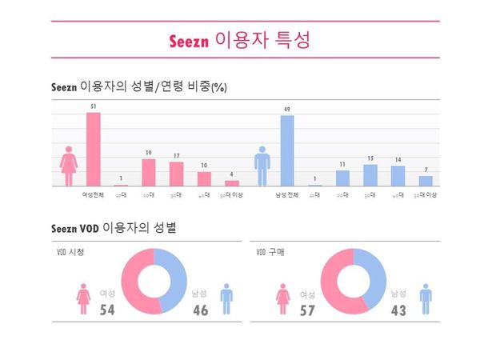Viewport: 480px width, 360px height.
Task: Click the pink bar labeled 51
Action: point(94,149)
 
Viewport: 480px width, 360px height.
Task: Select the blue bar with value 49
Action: point(286,150)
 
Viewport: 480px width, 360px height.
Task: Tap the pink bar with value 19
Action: point(148,172)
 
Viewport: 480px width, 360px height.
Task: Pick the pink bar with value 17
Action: point(176,174)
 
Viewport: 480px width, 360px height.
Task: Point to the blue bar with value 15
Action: point(370,175)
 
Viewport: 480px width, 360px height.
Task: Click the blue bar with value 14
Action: point(398,176)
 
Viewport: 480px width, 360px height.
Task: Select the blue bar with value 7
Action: point(426,181)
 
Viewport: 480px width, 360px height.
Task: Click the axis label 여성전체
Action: point(94,194)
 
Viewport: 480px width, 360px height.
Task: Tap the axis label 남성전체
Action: point(286,194)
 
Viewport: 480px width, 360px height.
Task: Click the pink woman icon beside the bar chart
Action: point(69,166)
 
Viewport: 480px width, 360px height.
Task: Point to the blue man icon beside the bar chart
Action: point(262,166)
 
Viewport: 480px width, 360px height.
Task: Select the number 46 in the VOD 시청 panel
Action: point(200,310)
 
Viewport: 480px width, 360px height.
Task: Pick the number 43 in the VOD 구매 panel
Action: point(399,310)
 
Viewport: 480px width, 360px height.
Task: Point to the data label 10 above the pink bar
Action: point(204,166)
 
